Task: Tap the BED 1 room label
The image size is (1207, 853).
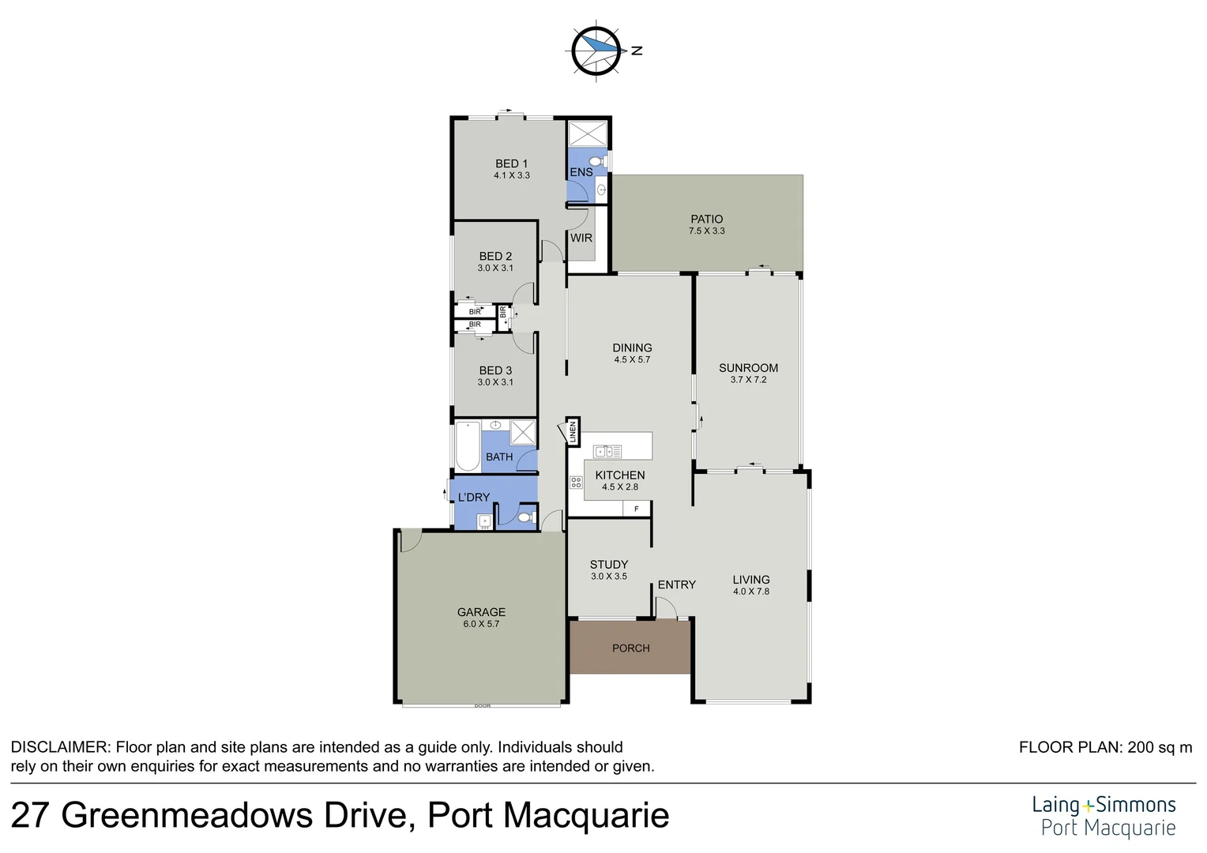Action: [x=511, y=163]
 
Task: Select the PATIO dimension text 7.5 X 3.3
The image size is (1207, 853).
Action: [x=706, y=231]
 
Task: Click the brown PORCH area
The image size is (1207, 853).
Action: [x=630, y=648]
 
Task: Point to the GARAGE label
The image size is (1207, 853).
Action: [x=481, y=612]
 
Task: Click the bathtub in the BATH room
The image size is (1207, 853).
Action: [x=468, y=447]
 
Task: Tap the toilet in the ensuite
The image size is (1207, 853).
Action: [x=597, y=161]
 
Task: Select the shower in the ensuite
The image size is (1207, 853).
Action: [x=588, y=133]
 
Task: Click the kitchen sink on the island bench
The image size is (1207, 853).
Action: [x=607, y=452]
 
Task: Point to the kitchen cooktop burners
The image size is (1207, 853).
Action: [x=576, y=482]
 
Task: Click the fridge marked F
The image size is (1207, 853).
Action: [x=637, y=509]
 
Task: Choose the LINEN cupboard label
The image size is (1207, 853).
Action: [x=573, y=432]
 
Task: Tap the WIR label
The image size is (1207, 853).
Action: [x=581, y=238]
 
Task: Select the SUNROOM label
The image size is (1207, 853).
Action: [x=748, y=368]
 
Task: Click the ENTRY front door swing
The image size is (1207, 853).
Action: [x=666, y=607]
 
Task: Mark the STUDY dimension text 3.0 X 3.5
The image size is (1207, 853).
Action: [x=608, y=577]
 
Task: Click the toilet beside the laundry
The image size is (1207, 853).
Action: [x=525, y=518]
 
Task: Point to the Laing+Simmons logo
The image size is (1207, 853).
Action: [x=1104, y=816]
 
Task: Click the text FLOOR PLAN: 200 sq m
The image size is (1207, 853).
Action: [x=1105, y=747]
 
